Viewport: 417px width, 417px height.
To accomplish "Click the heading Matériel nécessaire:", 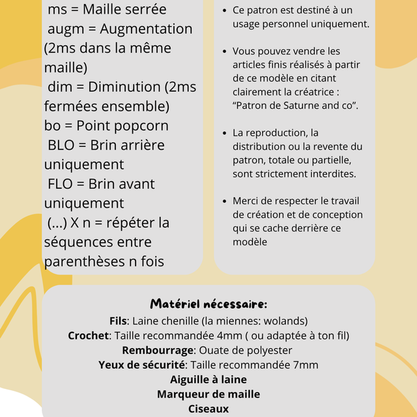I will point(208,304).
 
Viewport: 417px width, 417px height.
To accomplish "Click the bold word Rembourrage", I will point(159,350).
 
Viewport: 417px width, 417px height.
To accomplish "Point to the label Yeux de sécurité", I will point(142,365).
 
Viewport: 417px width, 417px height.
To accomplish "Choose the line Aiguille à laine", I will point(208,379).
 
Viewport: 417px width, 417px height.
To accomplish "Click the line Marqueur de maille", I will point(208,394).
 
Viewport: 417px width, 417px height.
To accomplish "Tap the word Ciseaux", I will point(208,409).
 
